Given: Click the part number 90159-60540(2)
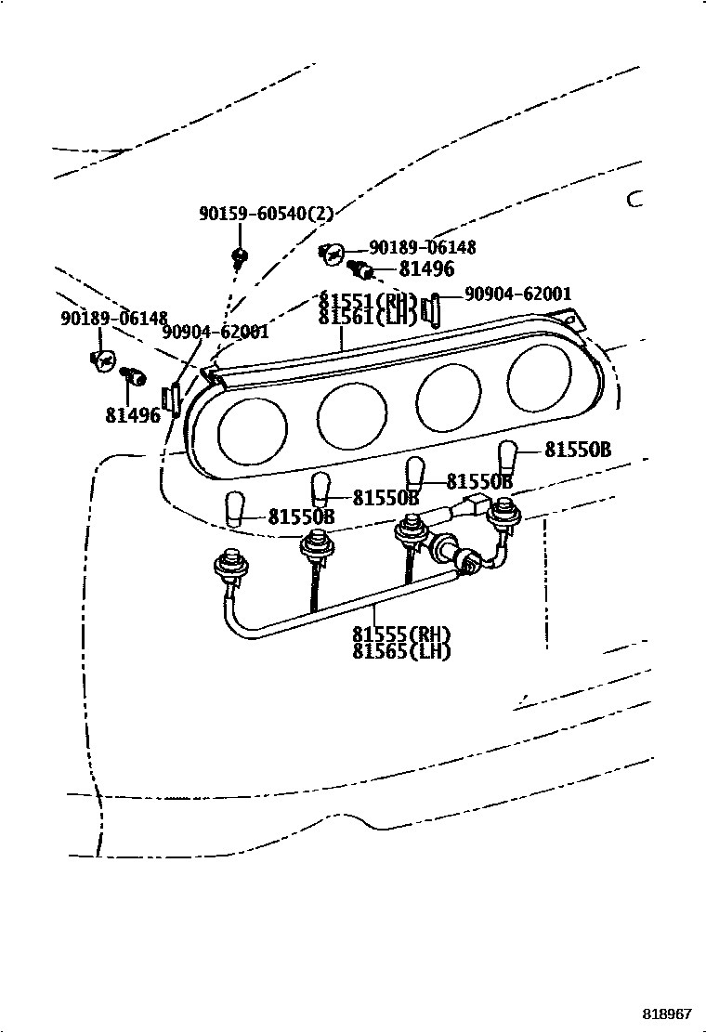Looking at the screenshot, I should point(266,213).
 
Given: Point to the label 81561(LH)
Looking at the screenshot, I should point(366,318).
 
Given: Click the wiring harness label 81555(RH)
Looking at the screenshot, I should point(401,634).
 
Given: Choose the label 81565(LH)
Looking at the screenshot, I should point(401,651).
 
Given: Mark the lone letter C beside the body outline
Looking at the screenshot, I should point(634,199).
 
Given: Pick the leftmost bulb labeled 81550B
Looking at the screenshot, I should point(235,508).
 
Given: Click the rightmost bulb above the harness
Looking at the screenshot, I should point(507,458).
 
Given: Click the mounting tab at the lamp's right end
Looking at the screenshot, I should point(575,320).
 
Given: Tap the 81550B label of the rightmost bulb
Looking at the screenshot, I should point(577,451).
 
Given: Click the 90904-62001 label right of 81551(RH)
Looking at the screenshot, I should point(517,294).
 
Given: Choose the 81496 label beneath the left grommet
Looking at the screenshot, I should point(133,415).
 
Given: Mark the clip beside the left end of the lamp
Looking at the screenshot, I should point(171,398).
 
